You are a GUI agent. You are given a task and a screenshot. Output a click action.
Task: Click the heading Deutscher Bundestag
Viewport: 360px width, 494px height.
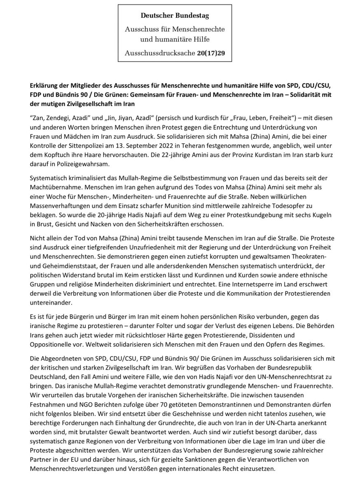(175, 16)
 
